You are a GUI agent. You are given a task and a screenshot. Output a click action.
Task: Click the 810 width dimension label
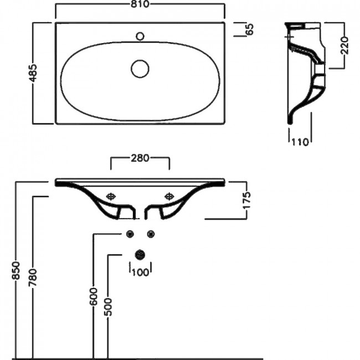[140, 4]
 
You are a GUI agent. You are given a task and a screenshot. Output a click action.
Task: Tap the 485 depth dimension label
[33, 73]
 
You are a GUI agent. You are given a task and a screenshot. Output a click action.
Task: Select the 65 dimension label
[250, 29]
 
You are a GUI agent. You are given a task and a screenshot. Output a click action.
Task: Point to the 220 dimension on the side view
[344, 45]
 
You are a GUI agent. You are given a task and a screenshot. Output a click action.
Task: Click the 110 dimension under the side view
[300, 142]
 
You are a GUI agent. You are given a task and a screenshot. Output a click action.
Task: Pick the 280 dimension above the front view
[140, 158]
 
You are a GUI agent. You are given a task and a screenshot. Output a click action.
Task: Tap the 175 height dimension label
[247, 200]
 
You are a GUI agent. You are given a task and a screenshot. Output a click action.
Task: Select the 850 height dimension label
[16, 270]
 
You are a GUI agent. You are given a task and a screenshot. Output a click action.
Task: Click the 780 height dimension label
[33, 277]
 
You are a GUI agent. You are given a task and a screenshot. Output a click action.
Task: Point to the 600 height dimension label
[94, 296]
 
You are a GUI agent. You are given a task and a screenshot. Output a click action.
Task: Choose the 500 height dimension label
[109, 307]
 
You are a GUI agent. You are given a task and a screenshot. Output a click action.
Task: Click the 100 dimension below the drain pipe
[141, 272]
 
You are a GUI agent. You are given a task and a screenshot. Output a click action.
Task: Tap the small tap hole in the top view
[140, 36]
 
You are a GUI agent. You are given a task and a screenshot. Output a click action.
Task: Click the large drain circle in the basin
[140, 69]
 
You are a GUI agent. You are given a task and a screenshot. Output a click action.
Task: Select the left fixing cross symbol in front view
[111, 197]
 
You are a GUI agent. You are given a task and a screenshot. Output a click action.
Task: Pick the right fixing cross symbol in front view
[169, 197]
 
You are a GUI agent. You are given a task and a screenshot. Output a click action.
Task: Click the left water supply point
[130, 234]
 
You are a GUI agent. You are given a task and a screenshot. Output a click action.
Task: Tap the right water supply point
[151, 234]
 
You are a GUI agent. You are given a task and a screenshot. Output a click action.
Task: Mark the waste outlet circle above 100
[140, 255]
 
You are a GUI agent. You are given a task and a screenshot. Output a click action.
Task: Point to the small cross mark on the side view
[289, 37]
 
